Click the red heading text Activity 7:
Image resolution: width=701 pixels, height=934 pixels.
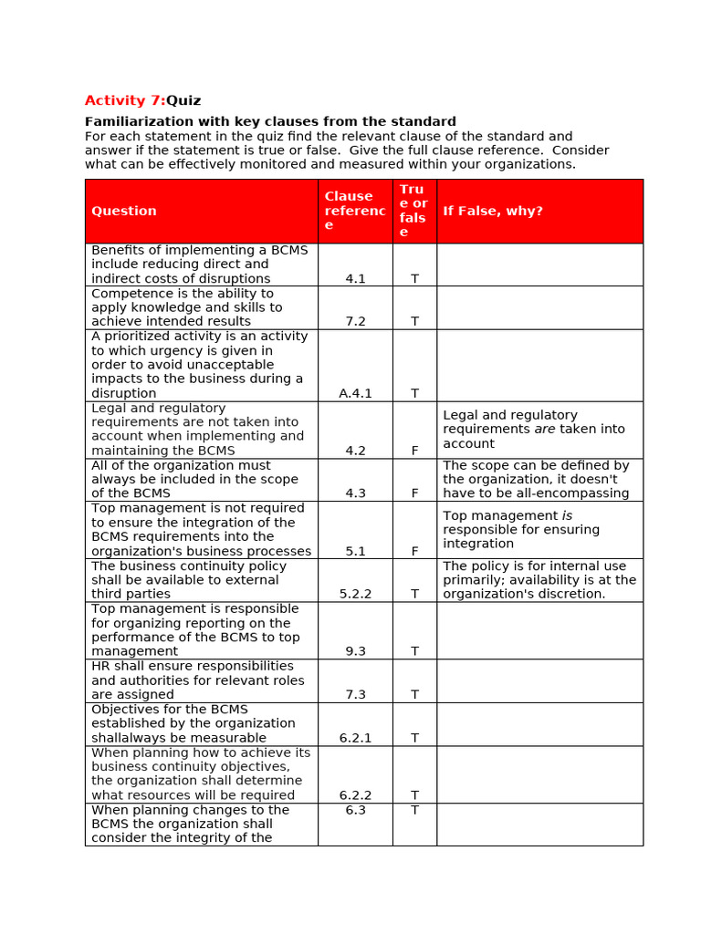click(x=124, y=100)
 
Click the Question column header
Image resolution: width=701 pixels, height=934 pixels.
click(x=124, y=211)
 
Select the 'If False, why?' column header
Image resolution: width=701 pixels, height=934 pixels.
click(x=493, y=211)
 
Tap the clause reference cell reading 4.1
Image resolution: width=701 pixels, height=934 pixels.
click(x=355, y=279)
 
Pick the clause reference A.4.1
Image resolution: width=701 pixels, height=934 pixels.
click(x=355, y=394)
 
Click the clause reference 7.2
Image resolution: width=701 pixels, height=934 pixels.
click(x=355, y=322)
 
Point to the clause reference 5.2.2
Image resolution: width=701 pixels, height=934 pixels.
click(x=355, y=594)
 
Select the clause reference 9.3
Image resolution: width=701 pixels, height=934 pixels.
click(x=355, y=651)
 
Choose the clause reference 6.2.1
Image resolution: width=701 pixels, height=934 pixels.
click(x=355, y=738)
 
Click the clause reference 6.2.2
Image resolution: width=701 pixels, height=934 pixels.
click(x=355, y=795)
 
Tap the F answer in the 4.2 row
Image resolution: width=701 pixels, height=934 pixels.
click(x=414, y=451)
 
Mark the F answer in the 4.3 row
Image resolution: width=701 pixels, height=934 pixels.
click(x=414, y=493)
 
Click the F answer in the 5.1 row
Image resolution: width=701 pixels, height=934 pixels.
click(x=414, y=552)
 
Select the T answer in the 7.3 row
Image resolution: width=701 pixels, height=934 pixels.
click(x=414, y=695)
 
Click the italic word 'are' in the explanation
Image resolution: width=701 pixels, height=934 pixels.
click(x=545, y=429)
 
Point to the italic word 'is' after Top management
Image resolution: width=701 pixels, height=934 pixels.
click(x=567, y=515)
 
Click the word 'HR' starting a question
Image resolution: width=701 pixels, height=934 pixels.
click(x=100, y=666)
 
